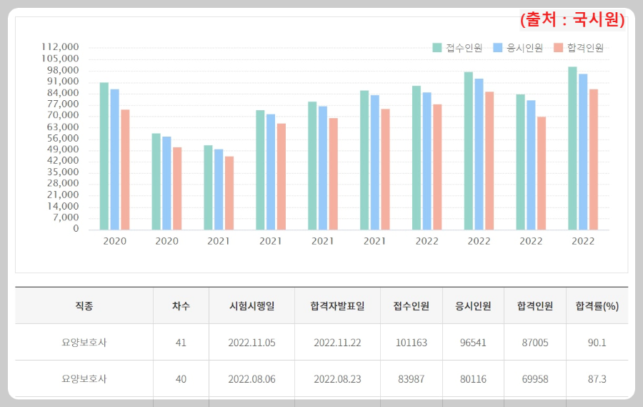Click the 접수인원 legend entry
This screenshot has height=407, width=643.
click(458, 48)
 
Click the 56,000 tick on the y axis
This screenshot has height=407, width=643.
click(63, 139)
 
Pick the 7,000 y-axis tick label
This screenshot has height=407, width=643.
click(65, 217)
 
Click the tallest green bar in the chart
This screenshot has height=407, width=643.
click(572, 148)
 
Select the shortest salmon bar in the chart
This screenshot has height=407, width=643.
click(229, 192)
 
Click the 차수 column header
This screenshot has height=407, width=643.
click(181, 305)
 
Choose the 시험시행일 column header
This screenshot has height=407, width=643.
click(251, 305)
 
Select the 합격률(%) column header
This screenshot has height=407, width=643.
click(597, 305)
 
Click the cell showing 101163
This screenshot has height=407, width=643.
click(411, 343)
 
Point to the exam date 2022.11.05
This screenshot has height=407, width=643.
click(251, 343)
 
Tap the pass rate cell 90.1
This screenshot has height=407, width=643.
click(597, 343)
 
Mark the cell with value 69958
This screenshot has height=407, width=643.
click(534, 378)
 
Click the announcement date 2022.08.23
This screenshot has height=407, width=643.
click(337, 378)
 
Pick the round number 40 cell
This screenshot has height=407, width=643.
click(181, 378)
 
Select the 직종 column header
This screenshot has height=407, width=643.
click(84, 305)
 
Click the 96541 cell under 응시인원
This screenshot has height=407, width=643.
click(473, 343)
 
